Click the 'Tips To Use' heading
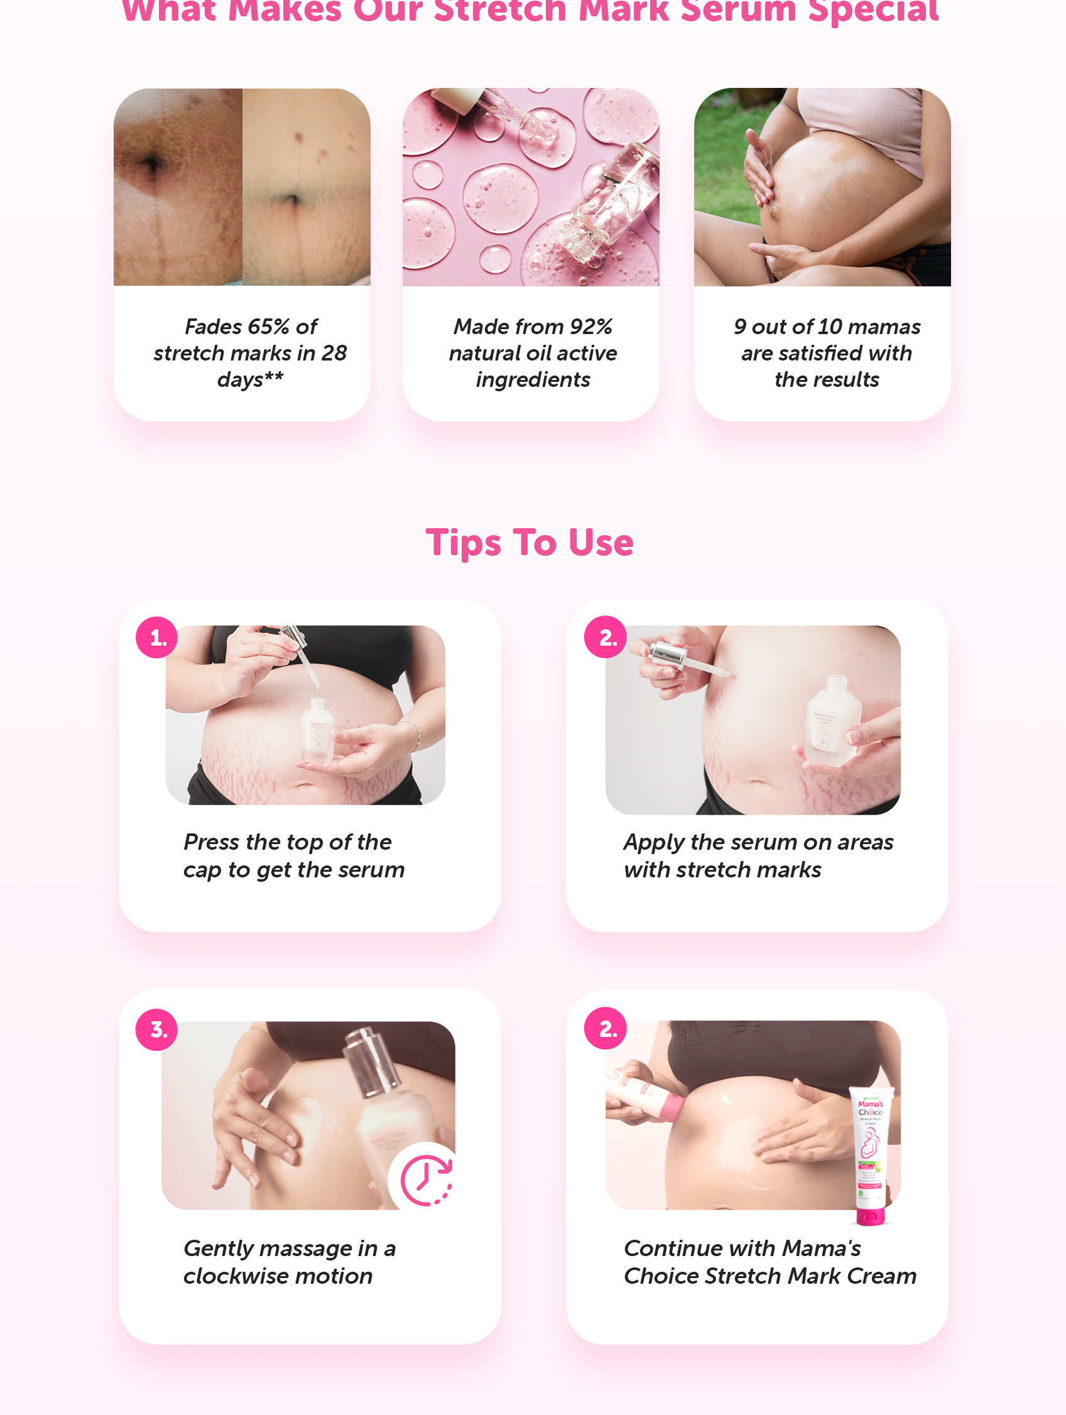[529, 543]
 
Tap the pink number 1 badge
[157, 637]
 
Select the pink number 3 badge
[157, 1029]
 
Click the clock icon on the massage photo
[425, 1180]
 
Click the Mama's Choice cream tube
[871, 1151]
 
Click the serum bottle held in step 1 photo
[317, 729]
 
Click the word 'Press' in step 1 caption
[211, 842]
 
